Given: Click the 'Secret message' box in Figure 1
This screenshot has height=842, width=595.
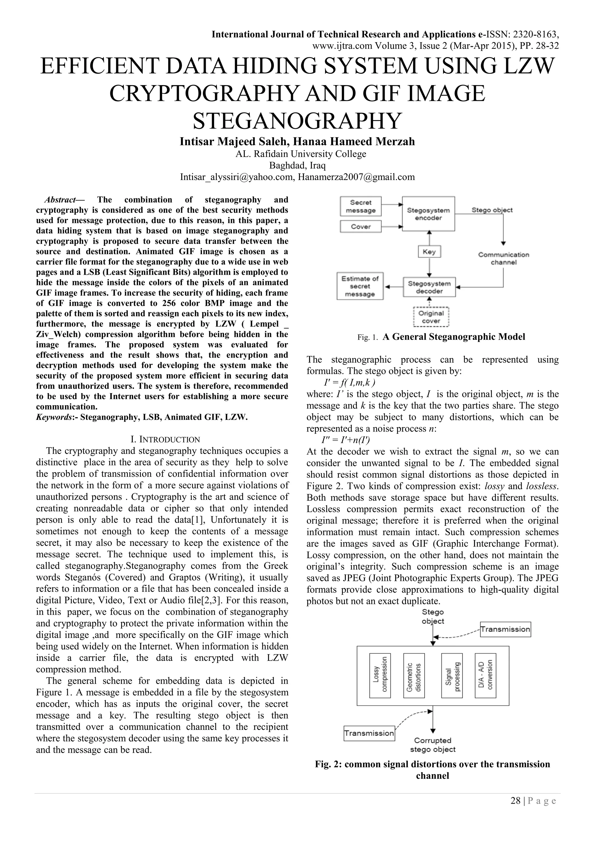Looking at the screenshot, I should (361, 206).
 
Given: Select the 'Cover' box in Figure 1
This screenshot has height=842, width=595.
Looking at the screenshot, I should (361, 226).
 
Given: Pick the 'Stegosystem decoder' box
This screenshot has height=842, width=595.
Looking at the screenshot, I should (429, 287).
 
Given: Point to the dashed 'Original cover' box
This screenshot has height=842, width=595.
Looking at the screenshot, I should (431, 317).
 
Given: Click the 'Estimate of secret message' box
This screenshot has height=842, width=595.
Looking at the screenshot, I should (360, 286).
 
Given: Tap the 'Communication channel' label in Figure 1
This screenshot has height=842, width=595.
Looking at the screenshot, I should (503, 258).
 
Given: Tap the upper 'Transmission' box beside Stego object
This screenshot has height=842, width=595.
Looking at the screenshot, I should (505, 629).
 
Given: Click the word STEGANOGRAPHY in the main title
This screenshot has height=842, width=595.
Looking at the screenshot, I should (297, 121).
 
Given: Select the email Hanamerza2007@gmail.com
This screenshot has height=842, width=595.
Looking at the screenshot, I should (356, 177).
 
